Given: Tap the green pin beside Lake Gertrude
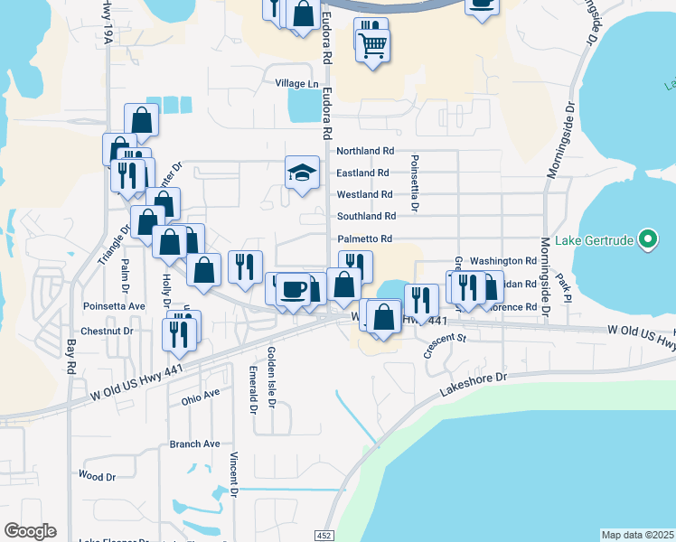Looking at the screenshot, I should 647,239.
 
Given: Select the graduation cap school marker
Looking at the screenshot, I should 303,172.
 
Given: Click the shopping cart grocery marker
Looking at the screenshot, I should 372,42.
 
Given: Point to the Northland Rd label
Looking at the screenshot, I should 365,152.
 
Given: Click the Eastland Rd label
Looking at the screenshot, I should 362,173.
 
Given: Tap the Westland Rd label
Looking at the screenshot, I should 364,194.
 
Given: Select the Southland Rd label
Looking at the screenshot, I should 366,217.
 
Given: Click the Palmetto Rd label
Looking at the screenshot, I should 364,238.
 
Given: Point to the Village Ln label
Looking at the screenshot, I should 297,84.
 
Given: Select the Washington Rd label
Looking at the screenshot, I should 503,260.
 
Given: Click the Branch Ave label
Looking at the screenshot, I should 194,444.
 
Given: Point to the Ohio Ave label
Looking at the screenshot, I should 200,395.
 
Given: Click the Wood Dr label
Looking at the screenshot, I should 97,475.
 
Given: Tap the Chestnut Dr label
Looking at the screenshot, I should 107,332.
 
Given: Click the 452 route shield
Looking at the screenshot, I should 324,536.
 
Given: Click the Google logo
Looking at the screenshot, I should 30,531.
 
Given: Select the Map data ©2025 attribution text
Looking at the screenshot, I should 637,535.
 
